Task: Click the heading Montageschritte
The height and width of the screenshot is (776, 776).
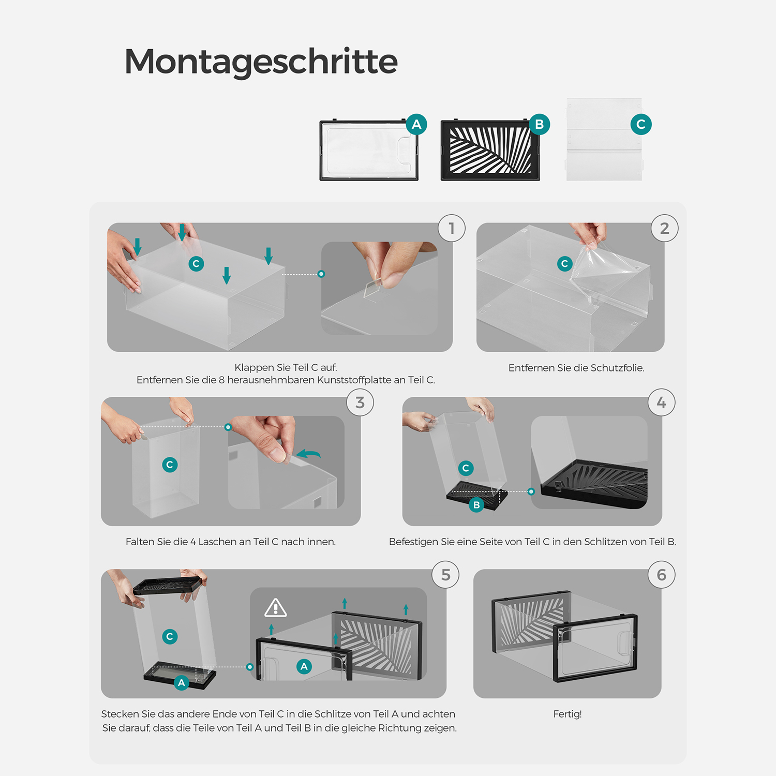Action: click(261, 62)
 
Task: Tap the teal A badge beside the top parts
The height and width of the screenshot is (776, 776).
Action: click(416, 124)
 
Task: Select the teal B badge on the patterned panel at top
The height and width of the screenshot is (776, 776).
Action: click(539, 124)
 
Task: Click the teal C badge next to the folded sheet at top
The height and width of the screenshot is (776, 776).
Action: click(641, 124)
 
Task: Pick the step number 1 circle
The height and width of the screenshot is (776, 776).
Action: click(452, 228)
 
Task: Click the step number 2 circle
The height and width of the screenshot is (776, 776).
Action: click(665, 228)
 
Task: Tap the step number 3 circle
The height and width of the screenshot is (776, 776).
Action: click(360, 402)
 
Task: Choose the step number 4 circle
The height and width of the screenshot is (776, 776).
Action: click(662, 402)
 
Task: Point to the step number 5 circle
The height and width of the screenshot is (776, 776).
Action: click(446, 575)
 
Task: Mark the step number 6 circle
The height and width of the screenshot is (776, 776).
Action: click(662, 575)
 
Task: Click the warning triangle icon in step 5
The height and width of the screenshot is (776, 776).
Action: click(276, 608)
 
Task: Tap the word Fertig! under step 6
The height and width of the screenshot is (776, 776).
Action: click(568, 714)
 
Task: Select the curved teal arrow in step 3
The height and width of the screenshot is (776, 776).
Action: click(309, 454)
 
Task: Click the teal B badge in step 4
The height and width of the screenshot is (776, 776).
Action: click(476, 505)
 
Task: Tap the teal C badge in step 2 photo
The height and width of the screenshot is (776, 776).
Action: click(565, 264)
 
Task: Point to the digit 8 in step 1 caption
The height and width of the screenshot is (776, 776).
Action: click(221, 380)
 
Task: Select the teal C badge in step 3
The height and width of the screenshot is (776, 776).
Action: click(170, 465)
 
